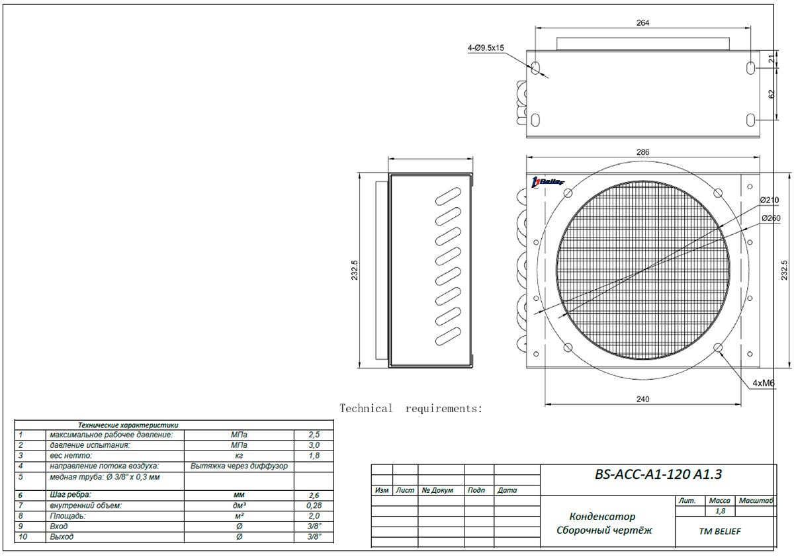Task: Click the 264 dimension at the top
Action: pos(642,23)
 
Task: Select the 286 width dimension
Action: pos(642,152)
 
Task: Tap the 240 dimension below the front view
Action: pos(642,399)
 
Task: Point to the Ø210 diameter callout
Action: pos(770,200)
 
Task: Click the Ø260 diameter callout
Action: pos(770,218)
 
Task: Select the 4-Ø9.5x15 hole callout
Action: pos(486,48)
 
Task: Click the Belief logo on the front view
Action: pos(547,182)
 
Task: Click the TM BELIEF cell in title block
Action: pos(725,531)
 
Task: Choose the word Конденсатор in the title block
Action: pos(602,516)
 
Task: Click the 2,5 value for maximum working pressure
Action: pos(314,435)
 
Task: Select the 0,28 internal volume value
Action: pos(314,505)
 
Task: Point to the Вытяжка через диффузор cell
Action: pos(239,466)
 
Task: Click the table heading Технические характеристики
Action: pos(128,425)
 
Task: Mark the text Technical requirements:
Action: pos(411,409)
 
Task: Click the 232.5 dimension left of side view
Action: pos(355,271)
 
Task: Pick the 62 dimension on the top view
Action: pos(772,95)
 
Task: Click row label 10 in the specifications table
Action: pos(24,536)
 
